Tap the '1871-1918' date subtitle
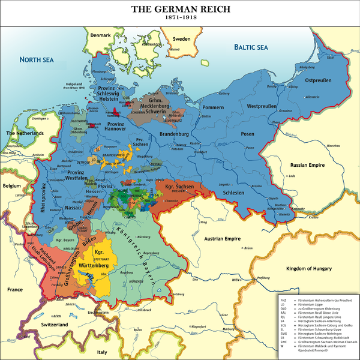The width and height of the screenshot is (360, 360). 179,19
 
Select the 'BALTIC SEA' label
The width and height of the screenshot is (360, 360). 250,46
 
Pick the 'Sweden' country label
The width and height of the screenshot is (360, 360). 181,39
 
